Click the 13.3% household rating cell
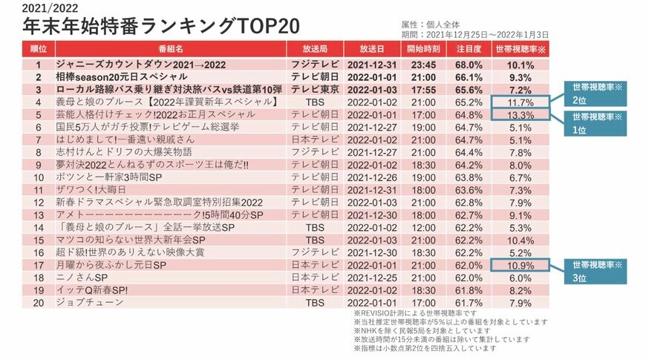(520, 116)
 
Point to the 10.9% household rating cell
(520, 265)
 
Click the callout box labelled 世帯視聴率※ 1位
(594, 122)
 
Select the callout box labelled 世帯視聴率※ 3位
(594, 271)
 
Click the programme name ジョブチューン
(87, 302)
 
